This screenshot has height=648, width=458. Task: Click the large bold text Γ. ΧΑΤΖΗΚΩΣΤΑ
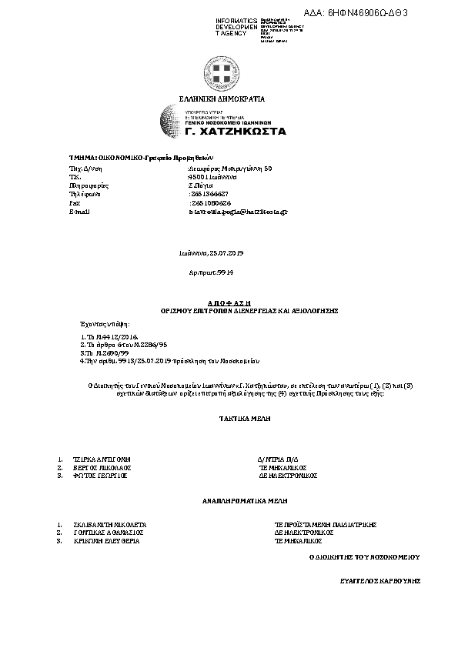coord(236,132)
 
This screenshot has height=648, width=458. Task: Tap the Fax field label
coord(75,202)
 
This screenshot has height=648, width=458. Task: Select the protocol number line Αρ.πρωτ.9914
coord(211,272)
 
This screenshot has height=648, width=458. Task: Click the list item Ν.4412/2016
coord(103,337)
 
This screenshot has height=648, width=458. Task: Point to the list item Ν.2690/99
coord(101,352)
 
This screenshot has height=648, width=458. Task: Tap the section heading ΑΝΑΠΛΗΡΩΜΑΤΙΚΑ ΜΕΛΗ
coord(233,501)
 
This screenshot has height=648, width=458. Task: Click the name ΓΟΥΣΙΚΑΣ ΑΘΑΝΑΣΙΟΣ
coord(106,532)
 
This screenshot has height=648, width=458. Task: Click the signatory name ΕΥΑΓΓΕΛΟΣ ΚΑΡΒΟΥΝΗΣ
coord(380,582)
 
